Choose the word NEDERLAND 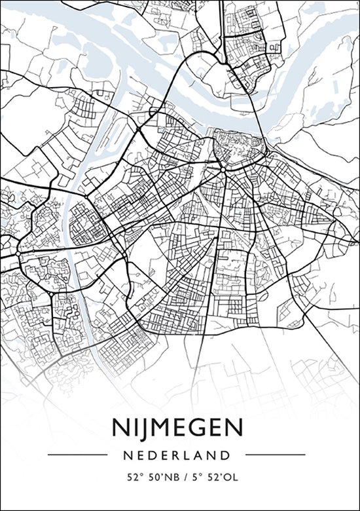pos(180,454)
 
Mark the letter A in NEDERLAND pos(203,454)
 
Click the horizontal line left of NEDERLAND pos(77,454)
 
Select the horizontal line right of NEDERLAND pos(279,454)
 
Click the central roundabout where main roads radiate pos(223,168)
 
